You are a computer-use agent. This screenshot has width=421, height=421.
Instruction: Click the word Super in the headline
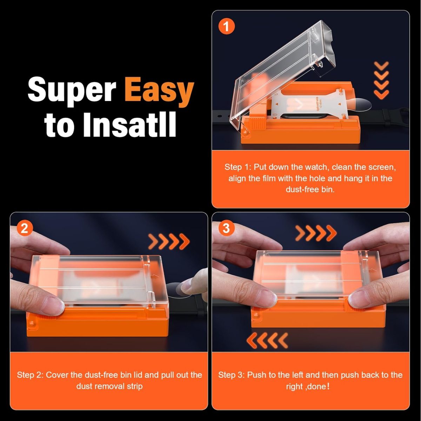point(72,91)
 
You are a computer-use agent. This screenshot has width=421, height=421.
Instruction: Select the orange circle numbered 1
point(226,26)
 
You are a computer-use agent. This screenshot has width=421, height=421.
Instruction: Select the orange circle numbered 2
point(25,228)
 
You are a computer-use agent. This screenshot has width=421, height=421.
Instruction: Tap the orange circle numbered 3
point(226,228)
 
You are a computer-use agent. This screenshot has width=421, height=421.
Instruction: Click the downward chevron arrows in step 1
point(381,80)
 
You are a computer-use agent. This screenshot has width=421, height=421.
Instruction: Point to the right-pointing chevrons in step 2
point(169,241)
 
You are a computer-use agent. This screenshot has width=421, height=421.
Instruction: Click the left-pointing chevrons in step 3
point(267,340)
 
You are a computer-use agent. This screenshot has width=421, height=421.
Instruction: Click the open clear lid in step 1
point(281,70)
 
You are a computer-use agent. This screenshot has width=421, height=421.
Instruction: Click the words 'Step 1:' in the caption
point(237,167)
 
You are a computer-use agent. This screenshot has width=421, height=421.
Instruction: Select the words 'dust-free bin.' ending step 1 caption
point(310,189)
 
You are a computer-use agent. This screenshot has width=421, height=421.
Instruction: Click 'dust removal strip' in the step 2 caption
point(109,386)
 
